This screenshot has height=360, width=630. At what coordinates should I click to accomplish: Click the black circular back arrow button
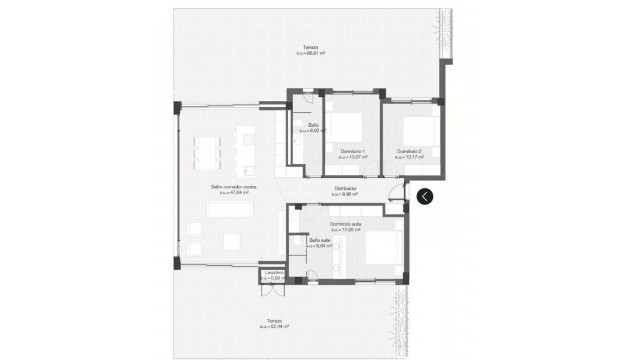(425, 196)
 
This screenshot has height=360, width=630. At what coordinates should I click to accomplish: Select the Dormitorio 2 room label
(409, 151)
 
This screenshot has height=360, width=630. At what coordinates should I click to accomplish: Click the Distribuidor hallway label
(346, 189)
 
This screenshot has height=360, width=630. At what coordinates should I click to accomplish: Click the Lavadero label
(273, 272)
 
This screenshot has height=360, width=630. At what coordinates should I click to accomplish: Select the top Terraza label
(314, 48)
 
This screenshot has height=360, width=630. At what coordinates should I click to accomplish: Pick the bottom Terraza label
(273, 320)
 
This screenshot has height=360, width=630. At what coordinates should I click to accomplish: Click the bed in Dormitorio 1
(348, 128)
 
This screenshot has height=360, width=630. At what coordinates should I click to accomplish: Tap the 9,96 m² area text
(346, 195)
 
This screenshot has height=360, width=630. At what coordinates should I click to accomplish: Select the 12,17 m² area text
(409, 157)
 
